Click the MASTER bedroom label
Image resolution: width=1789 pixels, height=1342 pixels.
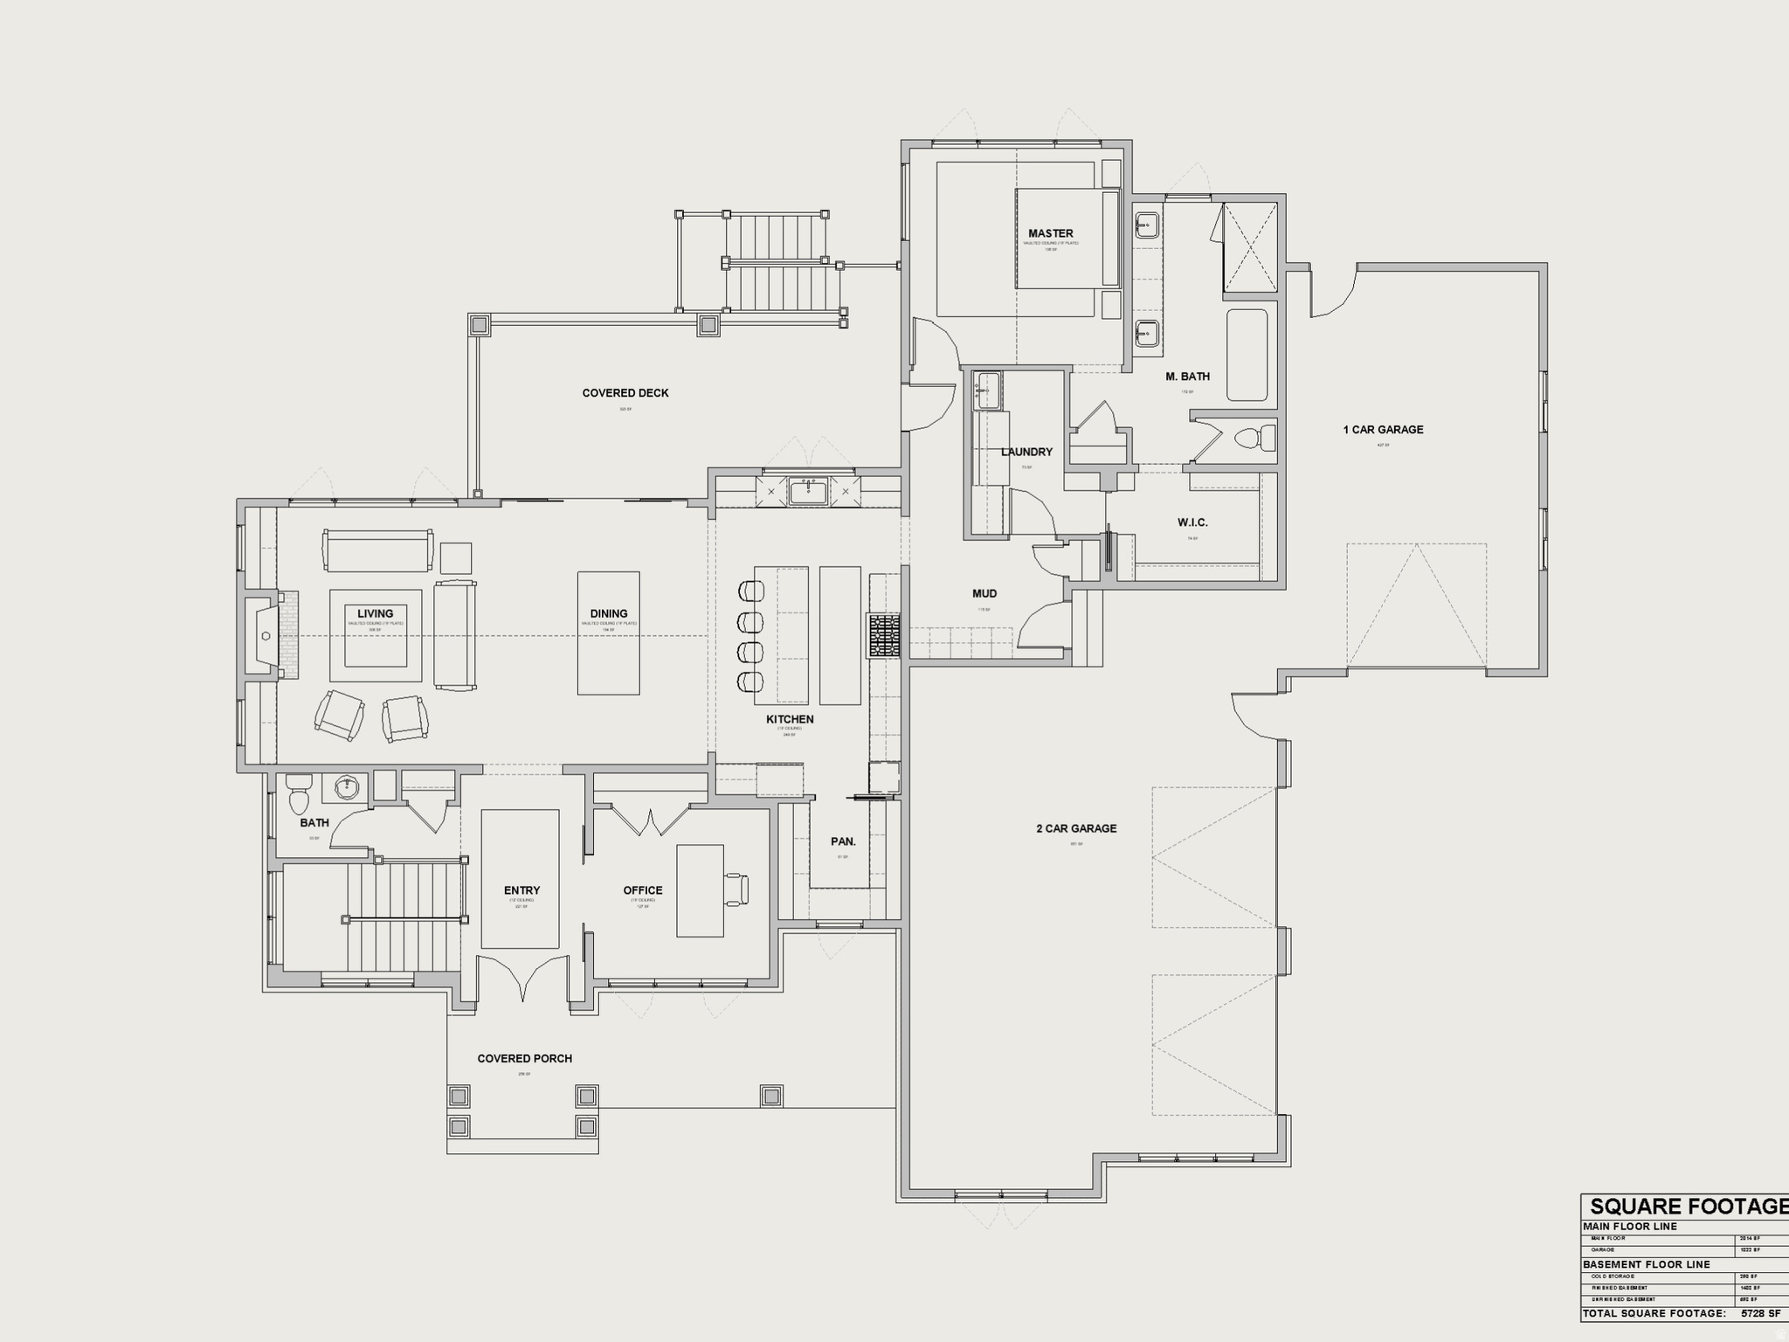coord(1050,233)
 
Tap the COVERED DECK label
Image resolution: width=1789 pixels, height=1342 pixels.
coord(625,393)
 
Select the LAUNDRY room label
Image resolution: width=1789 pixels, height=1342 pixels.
coord(1026,452)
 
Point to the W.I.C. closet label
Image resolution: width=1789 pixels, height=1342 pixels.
coord(1192,522)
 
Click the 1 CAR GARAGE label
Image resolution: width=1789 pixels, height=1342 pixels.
coord(1383,430)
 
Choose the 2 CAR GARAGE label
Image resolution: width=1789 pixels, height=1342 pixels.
coord(1076,828)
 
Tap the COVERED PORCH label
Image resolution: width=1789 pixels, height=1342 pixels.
coord(524,1059)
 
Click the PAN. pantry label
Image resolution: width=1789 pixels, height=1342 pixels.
coord(843,841)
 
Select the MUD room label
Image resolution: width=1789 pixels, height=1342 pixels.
coord(984,593)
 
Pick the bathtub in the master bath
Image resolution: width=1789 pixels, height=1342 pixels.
coord(1247,355)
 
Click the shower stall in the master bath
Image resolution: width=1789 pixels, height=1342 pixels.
coord(1249,246)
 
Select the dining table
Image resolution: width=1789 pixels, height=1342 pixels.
coord(608,633)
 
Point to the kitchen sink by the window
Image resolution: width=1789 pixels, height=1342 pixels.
coord(808,492)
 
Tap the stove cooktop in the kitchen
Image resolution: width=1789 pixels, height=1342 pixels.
coord(883,635)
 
